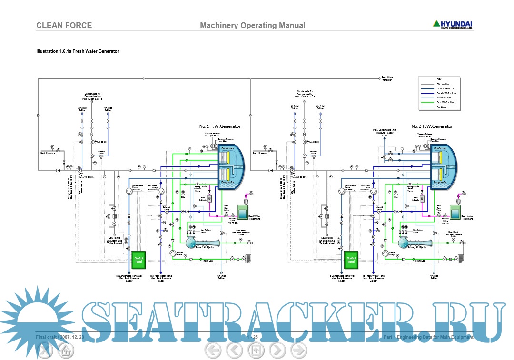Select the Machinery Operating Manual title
click(253, 25)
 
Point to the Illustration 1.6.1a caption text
click(78, 51)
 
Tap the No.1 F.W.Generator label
click(220, 126)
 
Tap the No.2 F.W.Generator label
click(432, 126)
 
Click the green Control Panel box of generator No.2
click(351, 260)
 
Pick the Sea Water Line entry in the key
click(445, 102)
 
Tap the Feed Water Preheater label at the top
click(386, 78)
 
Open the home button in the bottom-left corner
click(66, 351)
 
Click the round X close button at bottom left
click(45, 351)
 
